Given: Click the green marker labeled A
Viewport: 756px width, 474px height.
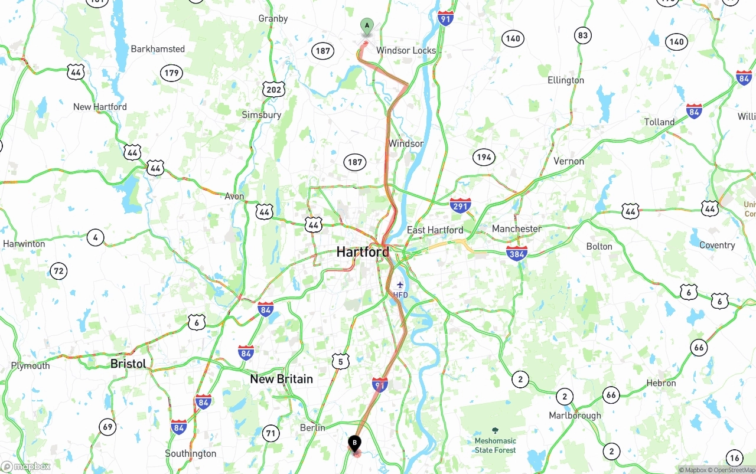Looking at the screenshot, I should point(367,26).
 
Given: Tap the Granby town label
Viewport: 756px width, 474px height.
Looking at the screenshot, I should point(273,18).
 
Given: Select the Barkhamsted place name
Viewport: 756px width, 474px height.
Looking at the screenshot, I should point(158,49).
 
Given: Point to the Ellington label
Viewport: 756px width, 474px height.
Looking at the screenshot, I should point(565,80).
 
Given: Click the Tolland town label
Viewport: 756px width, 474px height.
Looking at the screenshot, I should point(659,122).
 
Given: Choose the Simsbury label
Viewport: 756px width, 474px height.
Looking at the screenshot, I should point(261,115).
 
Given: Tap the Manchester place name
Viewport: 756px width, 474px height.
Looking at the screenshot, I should point(516,228).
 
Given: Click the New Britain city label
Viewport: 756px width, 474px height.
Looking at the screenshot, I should point(281,379).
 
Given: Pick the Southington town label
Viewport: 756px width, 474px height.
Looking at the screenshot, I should point(190,453).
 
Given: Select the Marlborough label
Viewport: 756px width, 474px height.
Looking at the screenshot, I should point(575,415).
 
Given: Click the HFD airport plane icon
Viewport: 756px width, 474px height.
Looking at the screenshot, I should point(400,285).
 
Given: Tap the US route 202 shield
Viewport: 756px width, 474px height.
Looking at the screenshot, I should point(274,90).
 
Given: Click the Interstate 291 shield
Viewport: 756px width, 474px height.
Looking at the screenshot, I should point(460,205).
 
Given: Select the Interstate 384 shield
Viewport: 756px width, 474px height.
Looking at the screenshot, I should point(516,253).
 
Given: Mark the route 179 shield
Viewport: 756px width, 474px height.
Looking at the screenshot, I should point(171,73).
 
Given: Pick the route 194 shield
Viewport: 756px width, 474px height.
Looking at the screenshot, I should point(484,157).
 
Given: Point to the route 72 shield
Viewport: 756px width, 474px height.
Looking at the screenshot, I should point(58,272).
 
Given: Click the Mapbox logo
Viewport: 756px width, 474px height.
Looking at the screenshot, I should point(26,467).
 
